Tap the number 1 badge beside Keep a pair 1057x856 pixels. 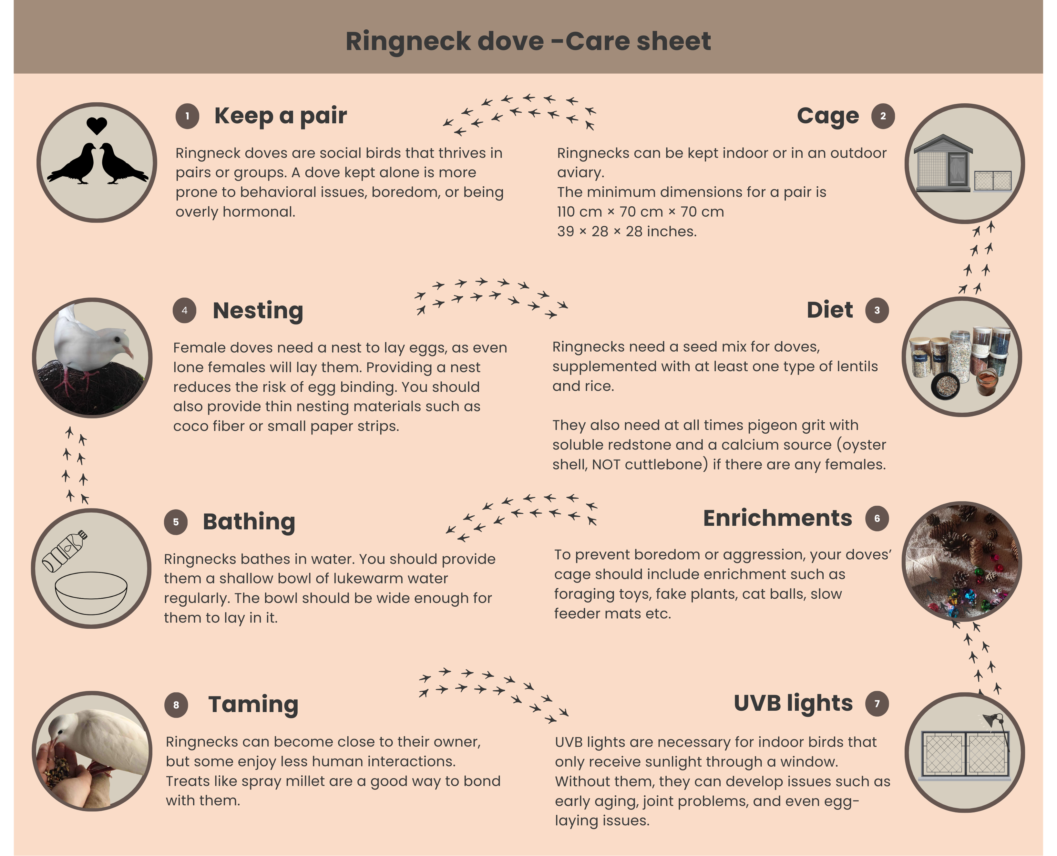point(187,116)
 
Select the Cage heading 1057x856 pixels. point(828,116)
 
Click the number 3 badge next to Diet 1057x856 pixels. point(877,310)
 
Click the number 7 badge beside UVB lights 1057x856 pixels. point(877,704)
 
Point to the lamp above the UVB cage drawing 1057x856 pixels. point(992,720)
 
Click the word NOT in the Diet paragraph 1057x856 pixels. point(603,465)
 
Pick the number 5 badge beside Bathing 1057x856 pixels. point(176,522)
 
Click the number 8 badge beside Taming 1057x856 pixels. point(176,705)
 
